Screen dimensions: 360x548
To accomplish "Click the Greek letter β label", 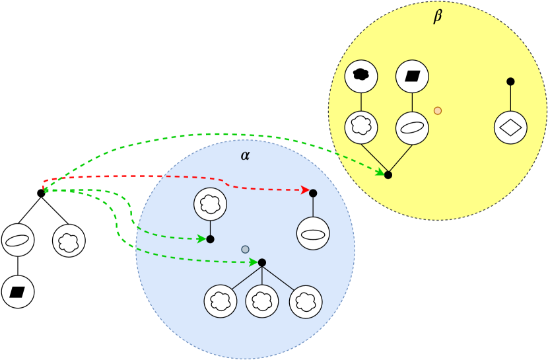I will (x=437, y=17).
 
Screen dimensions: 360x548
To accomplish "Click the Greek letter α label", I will (x=245, y=156).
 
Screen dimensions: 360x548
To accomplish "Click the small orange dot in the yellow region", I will (x=437, y=110).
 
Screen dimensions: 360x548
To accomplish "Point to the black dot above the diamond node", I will (x=510, y=81).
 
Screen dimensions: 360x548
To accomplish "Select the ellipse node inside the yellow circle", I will (x=412, y=127).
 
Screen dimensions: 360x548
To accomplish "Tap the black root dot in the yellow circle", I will (x=388, y=175).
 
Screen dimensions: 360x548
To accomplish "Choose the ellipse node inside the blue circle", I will (x=313, y=234).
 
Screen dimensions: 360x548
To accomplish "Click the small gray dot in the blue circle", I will (x=245, y=249).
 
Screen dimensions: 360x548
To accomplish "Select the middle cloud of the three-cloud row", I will (x=262, y=301).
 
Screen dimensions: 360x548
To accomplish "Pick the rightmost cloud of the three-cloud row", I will (x=305, y=301).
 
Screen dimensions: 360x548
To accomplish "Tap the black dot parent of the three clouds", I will (x=262, y=262).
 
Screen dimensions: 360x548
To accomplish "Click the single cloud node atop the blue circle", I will (x=209, y=204).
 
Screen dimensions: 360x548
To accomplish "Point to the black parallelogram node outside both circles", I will (x=18, y=291).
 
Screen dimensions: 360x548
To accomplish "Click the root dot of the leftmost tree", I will (x=41, y=193).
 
